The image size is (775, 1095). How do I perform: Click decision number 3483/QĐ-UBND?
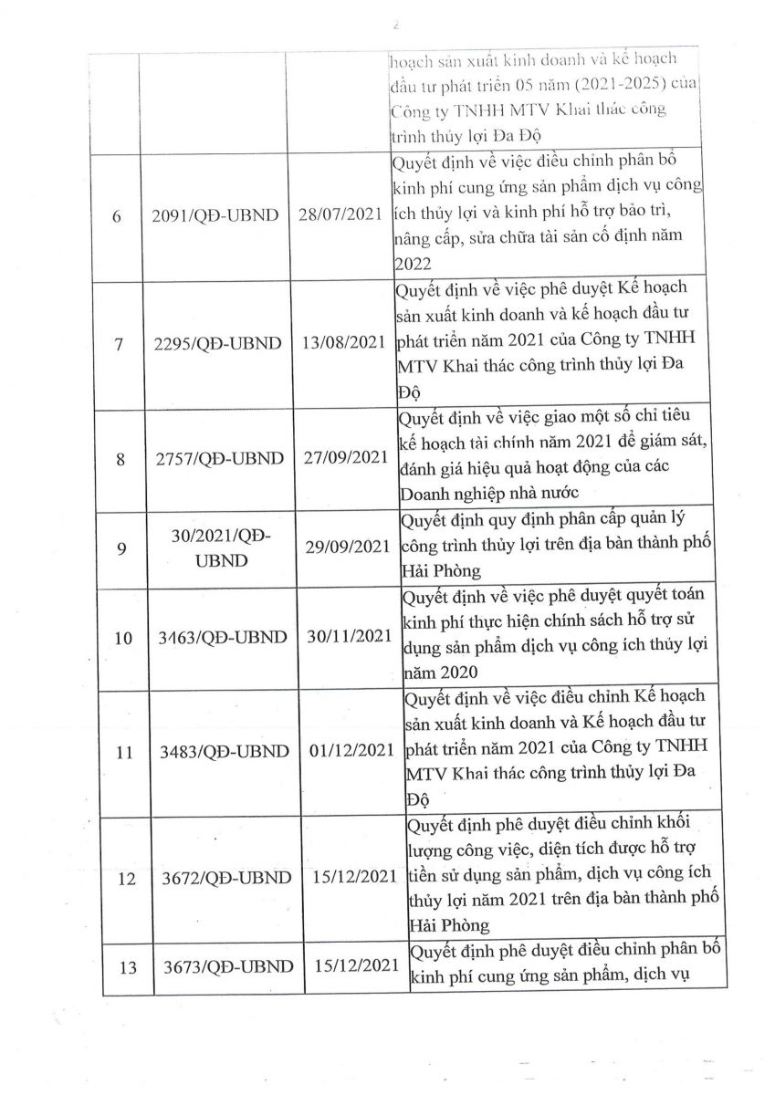pyautogui.click(x=222, y=753)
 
